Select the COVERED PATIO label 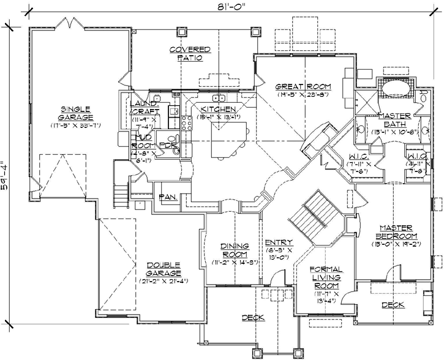coord(189,54)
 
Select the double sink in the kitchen coord(217,98)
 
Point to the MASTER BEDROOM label coord(397,231)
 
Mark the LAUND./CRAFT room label coord(145,108)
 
